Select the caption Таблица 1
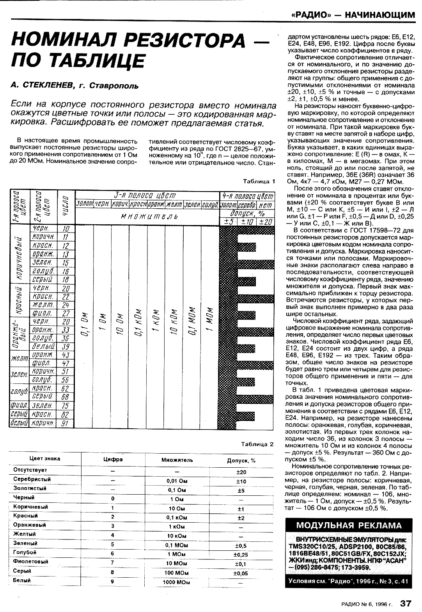[259, 182]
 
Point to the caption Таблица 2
[257, 444]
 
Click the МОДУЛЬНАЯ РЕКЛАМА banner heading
[349, 525]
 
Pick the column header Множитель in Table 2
[177, 460]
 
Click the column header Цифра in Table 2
[113, 459]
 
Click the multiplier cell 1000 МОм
[177, 582]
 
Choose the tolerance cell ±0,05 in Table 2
[241, 573]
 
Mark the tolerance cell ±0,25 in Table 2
[241, 555]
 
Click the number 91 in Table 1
[66, 423]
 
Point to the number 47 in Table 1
[66, 364]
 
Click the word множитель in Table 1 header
[147, 216]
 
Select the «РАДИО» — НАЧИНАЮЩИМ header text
[353, 15]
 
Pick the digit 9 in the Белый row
[113, 581]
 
